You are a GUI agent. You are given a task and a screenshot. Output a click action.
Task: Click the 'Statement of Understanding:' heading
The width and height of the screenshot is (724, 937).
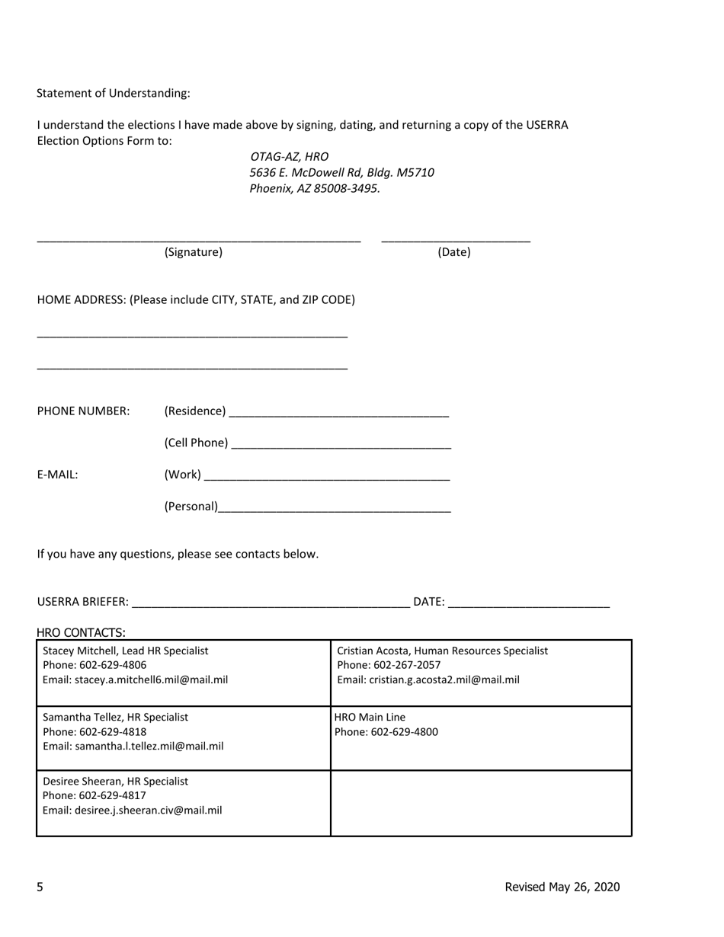[x=114, y=93]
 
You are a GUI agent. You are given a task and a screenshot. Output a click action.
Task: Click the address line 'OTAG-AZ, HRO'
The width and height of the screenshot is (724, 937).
[x=290, y=156]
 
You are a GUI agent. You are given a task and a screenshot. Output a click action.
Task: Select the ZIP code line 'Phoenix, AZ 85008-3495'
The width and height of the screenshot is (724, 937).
[x=314, y=188]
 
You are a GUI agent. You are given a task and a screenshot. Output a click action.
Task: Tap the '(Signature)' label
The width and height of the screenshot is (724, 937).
[x=194, y=252]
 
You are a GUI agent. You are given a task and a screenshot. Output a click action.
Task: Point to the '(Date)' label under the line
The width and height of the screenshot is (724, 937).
[x=454, y=252]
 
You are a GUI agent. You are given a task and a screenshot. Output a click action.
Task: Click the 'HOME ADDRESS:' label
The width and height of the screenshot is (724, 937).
[x=82, y=299]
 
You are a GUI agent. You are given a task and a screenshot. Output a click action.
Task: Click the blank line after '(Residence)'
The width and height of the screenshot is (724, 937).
[x=339, y=412]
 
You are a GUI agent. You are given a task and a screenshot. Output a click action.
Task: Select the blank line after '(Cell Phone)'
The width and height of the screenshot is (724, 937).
[x=341, y=444]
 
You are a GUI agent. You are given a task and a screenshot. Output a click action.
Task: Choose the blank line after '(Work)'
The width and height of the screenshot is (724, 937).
[x=328, y=476]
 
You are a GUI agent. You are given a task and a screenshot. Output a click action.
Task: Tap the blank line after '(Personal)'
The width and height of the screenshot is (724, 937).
[x=335, y=507]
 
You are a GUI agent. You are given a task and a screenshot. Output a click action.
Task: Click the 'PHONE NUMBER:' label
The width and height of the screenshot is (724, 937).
[x=84, y=411]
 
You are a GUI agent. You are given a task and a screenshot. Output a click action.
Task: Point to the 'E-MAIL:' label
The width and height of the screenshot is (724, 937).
[x=58, y=475]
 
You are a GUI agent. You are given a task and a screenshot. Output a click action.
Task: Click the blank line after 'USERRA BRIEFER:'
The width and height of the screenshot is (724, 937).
[x=271, y=603]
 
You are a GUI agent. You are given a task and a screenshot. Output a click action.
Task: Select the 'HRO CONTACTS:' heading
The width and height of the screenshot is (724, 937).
[x=82, y=632]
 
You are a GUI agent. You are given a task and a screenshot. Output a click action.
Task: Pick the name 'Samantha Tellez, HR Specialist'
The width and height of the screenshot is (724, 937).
[x=116, y=717]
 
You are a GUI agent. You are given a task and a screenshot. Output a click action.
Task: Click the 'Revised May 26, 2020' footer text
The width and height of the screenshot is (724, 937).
[x=562, y=887]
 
